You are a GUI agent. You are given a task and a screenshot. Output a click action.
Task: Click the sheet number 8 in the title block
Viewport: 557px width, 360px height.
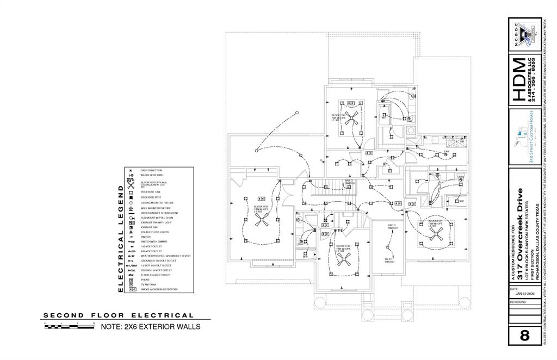tap(524, 335)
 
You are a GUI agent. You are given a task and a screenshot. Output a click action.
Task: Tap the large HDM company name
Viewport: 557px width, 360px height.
tap(519, 79)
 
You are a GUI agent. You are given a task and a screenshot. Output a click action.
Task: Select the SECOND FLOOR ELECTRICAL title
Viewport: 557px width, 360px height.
tap(119, 315)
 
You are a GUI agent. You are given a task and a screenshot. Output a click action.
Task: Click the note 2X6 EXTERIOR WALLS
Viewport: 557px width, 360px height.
tap(151, 327)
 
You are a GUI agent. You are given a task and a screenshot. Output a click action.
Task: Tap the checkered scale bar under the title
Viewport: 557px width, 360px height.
tap(67, 327)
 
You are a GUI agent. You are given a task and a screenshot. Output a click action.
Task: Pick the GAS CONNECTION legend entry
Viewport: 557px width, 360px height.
tap(151, 170)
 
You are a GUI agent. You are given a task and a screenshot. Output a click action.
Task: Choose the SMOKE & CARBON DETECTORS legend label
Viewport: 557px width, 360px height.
tap(159, 289)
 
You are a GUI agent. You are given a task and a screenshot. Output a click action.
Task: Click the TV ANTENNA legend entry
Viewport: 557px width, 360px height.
tap(148, 284)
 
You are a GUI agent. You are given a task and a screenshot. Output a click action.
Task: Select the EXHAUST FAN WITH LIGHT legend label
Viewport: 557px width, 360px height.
tap(156, 222)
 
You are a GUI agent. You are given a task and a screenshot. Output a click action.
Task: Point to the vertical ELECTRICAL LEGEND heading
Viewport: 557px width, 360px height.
tap(121, 238)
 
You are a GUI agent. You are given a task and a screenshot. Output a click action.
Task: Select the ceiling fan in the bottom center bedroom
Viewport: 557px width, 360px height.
tap(343, 260)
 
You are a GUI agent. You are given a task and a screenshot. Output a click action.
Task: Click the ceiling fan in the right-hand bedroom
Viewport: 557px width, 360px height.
tap(436, 234)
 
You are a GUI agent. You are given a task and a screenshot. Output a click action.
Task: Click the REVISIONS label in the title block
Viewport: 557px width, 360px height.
tap(519, 301)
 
